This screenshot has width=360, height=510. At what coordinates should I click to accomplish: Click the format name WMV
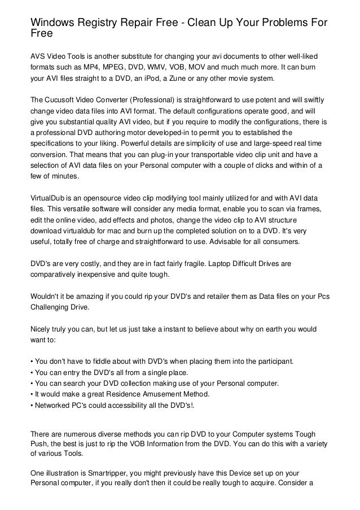click(167, 68)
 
